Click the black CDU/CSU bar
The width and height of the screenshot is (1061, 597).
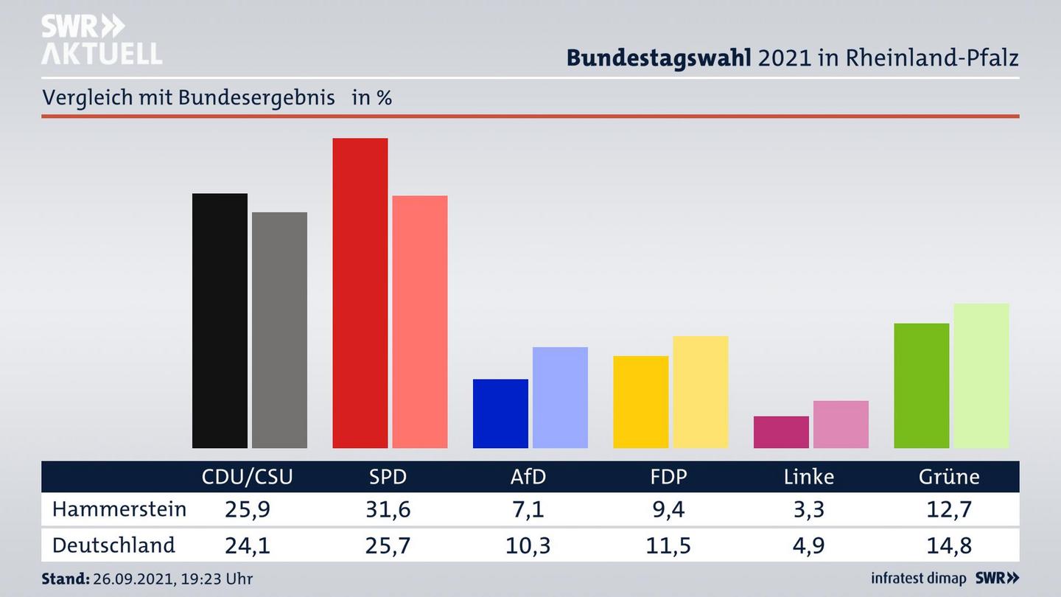click(x=220, y=321)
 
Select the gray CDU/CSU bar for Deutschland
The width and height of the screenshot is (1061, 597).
click(x=279, y=330)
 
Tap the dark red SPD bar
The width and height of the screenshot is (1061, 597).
click(x=360, y=293)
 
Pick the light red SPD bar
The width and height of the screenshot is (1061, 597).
click(x=419, y=321)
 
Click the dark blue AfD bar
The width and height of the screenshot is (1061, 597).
click(x=500, y=413)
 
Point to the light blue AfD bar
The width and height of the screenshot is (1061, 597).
click(x=560, y=397)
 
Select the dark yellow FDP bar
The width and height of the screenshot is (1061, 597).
click(x=640, y=402)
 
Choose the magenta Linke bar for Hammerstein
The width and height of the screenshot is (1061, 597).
click(x=781, y=432)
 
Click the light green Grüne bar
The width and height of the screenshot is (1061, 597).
click(x=981, y=375)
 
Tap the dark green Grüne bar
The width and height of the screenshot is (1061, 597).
click(x=921, y=385)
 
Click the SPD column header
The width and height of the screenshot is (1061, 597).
click(x=388, y=477)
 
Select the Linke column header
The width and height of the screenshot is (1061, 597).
click(x=808, y=477)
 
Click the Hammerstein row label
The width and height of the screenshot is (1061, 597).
click(x=119, y=509)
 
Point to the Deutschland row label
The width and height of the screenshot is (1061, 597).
click(x=113, y=545)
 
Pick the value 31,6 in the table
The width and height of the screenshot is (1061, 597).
click(x=388, y=509)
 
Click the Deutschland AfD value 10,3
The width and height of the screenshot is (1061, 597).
click(x=528, y=545)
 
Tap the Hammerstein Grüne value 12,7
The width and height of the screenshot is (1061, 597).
click(x=949, y=509)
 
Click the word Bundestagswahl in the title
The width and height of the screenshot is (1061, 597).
click(x=659, y=58)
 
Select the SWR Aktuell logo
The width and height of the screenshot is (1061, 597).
click(x=101, y=40)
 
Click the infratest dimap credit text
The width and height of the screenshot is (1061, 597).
click(x=918, y=579)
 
